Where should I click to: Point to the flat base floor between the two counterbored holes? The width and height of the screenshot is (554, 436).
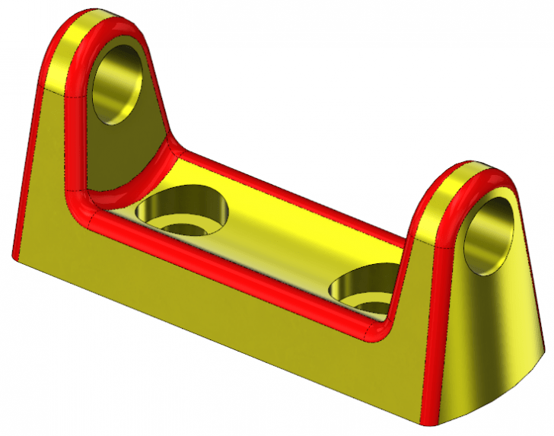tap(282, 243)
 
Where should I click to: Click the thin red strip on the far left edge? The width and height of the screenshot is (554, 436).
tap(23, 190)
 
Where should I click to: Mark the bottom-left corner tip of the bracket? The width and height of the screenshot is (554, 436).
tap(14, 259)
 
